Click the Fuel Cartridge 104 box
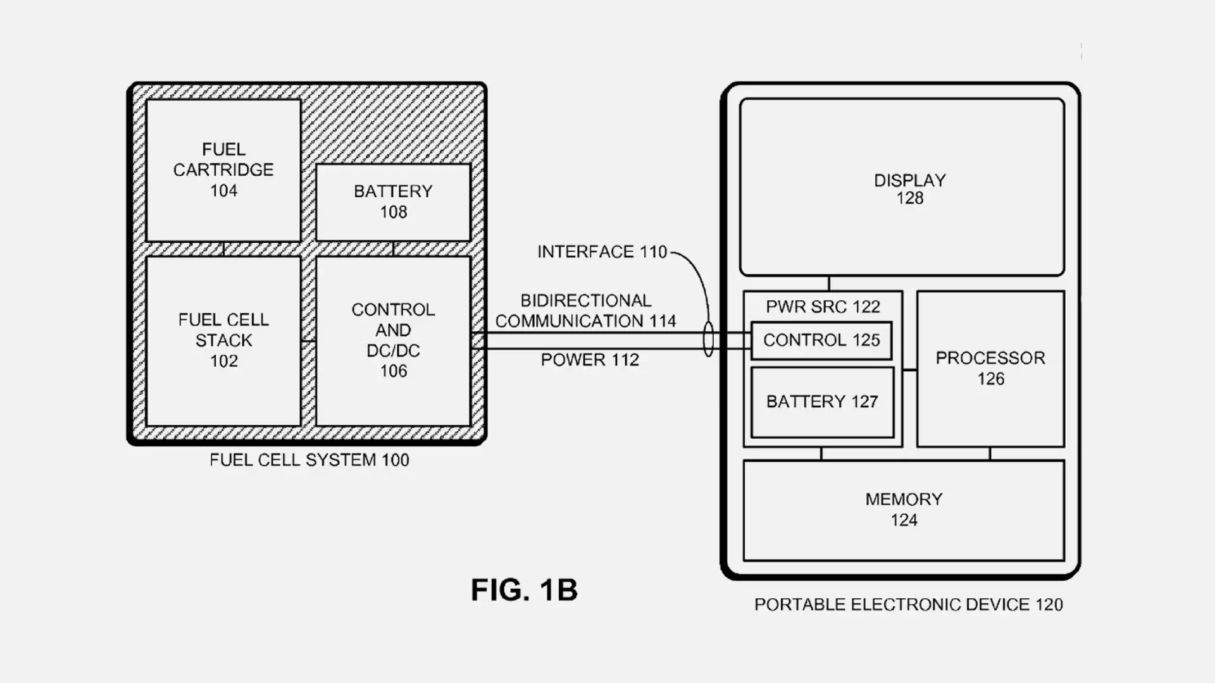223,170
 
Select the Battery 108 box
393,202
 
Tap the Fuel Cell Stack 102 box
223,340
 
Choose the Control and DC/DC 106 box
393,340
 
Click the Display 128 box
902,188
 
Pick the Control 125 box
821,340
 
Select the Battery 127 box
822,402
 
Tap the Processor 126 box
990,368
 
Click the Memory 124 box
904,510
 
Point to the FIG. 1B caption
524,589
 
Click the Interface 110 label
602,252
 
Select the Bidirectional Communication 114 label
585,311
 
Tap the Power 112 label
590,360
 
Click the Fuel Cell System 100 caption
309,460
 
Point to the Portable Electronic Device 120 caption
908,605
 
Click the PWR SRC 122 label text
823,307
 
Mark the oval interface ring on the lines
709,340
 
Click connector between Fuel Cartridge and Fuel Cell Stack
223,249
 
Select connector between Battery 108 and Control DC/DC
393,249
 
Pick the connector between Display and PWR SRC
828,283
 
